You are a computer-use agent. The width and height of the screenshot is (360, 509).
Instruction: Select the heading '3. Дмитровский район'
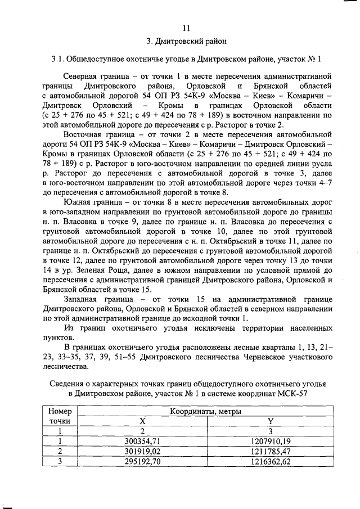(187, 42)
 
